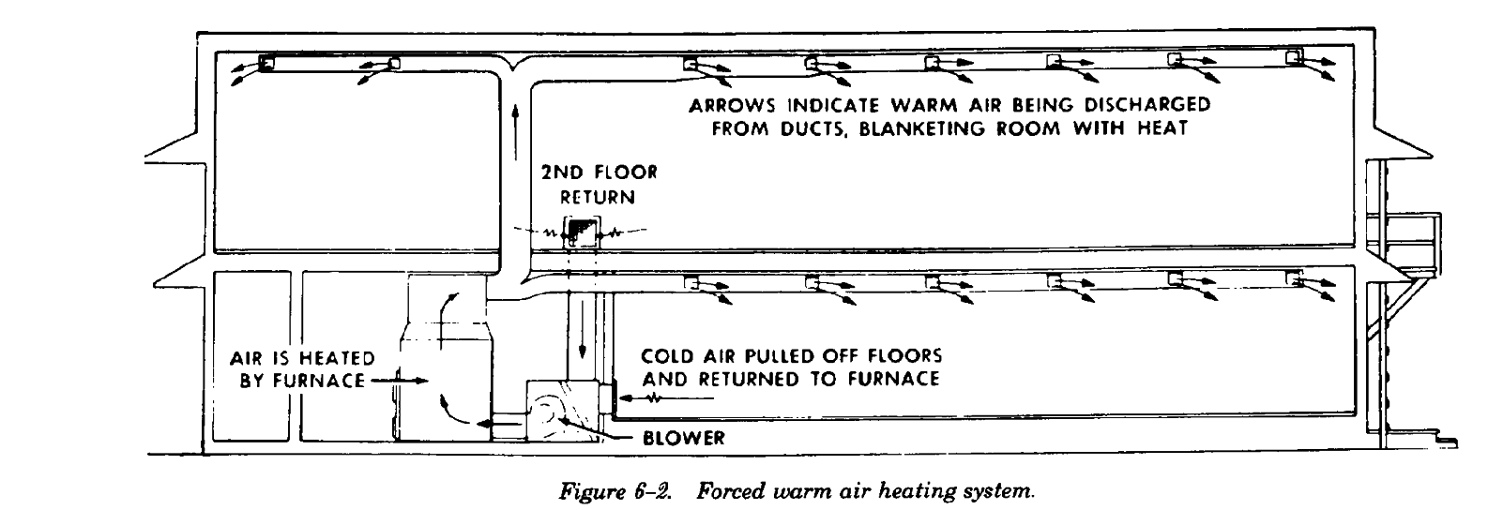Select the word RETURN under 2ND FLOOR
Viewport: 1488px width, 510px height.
coord(598,198)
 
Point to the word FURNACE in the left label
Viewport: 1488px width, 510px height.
coord(332,382)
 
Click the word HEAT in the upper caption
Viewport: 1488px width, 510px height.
coord(1165,129)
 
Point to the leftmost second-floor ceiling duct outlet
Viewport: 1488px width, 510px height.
coord(265,63)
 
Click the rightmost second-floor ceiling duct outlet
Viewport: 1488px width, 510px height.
coord(1295,57)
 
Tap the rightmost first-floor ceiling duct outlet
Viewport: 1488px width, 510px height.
coord(1296,278)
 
